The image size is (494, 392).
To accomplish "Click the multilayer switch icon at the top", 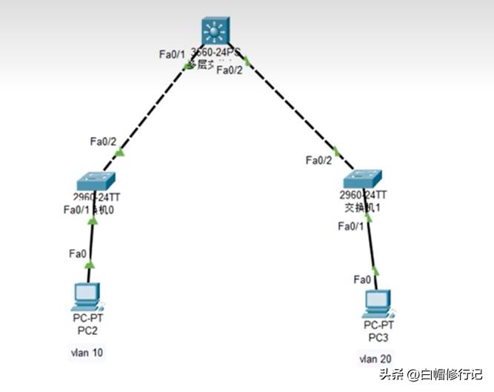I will pos(216,31).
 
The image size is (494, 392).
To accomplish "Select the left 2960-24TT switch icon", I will pos(96,181).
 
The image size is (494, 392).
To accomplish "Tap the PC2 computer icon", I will pos(87,296).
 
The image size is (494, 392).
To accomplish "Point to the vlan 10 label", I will pos(87,353).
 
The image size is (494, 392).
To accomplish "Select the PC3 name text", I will pos(378,337).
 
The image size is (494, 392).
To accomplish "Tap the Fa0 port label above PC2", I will pos(78,253).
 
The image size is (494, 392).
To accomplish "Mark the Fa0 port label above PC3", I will pos(363,279).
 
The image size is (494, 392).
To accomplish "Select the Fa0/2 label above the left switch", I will pos(103,142).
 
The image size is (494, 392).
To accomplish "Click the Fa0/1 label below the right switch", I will pos(351,226).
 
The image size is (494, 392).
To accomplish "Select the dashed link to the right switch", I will pos(296,111).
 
